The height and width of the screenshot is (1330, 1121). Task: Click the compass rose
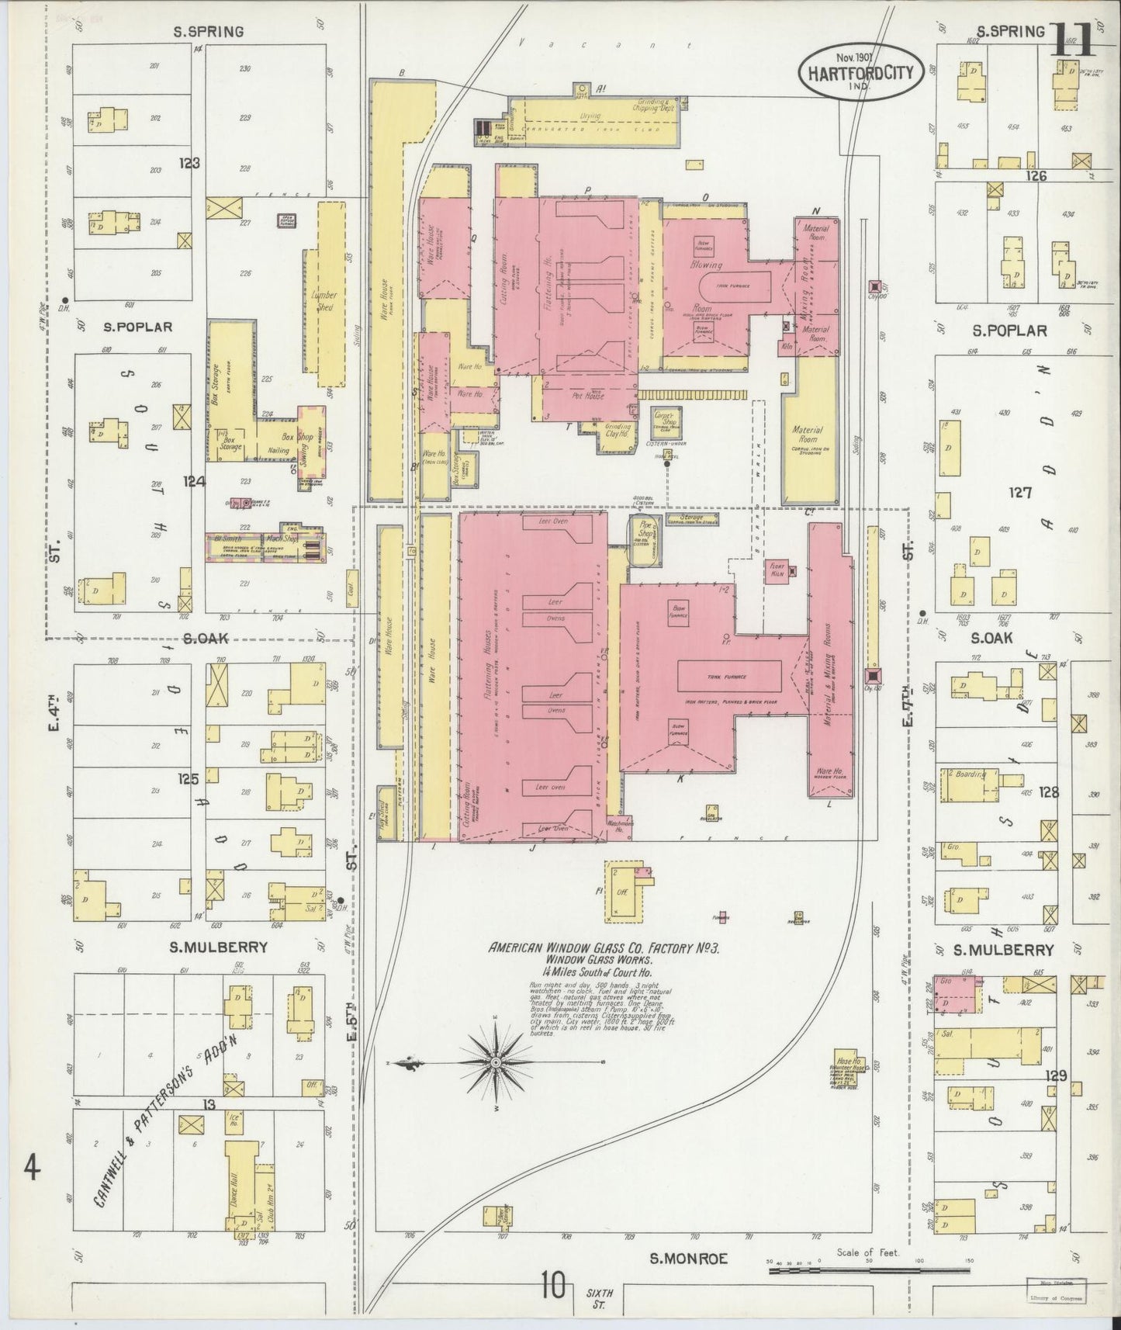click(x=496, y=1061)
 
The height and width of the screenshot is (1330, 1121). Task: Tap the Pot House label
click(x=593, y=394)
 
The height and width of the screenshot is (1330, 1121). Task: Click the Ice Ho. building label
click(x=232, y=1120)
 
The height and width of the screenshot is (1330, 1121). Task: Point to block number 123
click(x=189, y=164)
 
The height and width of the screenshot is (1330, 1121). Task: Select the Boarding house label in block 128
click(x=970, y=774)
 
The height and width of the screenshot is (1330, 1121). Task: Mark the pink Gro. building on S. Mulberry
click(x=954, y=994)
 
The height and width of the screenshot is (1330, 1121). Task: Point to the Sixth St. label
click(x=600, y=1298)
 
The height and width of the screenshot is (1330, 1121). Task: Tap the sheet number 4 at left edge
click(x=31, y=1169)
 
